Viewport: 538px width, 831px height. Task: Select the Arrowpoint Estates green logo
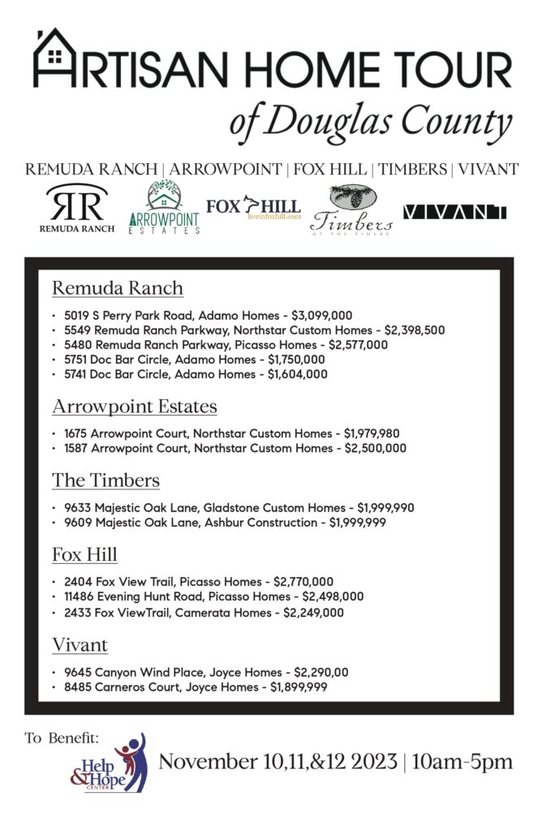[x=165, y=208]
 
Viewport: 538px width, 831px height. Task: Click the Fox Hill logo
[x=253, y=208]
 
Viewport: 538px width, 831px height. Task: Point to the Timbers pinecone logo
[x=351, y=209]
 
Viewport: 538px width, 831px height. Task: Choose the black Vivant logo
[x=454, y=212]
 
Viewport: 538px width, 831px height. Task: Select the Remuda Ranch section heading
[x=118, y=288]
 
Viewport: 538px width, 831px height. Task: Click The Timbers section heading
[x=105, y=480]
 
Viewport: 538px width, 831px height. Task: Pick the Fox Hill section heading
[x=85, y=554]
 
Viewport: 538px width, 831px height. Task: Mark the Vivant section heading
[x=80, y=645]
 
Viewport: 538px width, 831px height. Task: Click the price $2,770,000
[x=295, y=582]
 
